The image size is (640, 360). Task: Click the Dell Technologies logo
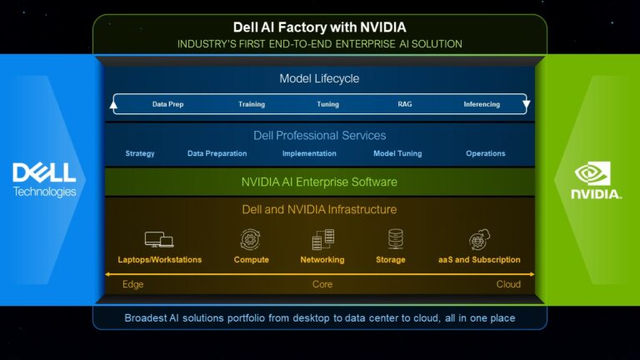(x=44, y=180)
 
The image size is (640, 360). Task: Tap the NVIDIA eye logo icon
(x=592, y=173)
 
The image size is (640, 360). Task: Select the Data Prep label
(x=167, y=104)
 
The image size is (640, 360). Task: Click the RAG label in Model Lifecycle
(x=404, y=104)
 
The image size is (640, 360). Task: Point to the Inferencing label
(x=482, y=104)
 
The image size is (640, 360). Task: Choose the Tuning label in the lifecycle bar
(x=327, y=104)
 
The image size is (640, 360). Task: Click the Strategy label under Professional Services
(x=140, y=153)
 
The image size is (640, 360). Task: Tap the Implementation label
(x=309, y=153)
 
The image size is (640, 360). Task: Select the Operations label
(x=486, y=153)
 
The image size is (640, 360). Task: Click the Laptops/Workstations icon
(x=159, y=240)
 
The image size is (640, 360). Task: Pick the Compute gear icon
(x=250, y=240)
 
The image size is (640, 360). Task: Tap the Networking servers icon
(x=322, y=240)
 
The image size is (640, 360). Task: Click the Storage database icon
(x=396, y=239)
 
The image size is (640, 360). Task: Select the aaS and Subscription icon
(x=480, y=240)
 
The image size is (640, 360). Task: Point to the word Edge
(x=133, y=284)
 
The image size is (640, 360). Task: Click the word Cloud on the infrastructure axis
(x=508, y=284)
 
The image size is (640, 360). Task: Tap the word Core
(x=322, y=284)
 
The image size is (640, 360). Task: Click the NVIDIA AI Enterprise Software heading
(x=319, y=182)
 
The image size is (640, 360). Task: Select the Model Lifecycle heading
(x=319, y=78)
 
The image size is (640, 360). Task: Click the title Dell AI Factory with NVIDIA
(x=320, y=27)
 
